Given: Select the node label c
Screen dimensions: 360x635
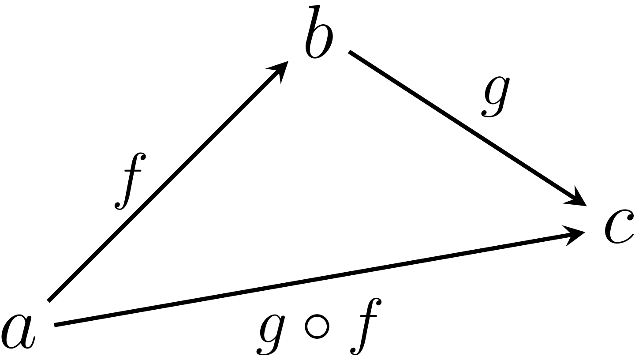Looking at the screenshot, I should click(619, 226).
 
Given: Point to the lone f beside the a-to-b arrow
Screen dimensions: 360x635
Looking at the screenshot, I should click(131, 181).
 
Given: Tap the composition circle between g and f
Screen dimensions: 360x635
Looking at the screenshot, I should click(317, 326).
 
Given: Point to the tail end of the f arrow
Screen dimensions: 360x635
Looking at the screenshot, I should click(49, 301).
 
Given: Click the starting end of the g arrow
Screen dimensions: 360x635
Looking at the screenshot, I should click(349, 52).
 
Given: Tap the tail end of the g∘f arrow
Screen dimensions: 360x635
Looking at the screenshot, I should click(55, 325).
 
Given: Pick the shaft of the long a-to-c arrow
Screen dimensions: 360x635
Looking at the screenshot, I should click(309, 281).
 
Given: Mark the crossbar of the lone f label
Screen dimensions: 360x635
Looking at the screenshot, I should click(133, 171).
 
